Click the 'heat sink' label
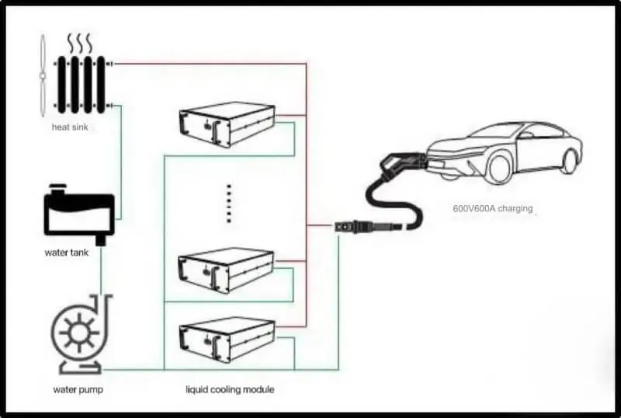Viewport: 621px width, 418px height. (70, 127)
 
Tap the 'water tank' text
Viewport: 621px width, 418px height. (67, 253)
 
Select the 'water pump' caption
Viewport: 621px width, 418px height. (78, 389)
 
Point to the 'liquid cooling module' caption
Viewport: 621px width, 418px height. (230, 389)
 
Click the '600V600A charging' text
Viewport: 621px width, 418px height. (493, 208)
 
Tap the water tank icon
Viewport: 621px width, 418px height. (79, 214)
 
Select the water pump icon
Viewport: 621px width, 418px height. (81, 334)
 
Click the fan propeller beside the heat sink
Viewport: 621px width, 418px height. (42, 75)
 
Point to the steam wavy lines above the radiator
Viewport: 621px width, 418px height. (80, 44)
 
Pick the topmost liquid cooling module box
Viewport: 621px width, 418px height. (227, 124)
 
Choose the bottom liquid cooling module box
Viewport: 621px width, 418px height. (227, 339)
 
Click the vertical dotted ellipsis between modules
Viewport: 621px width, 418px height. (228, 203)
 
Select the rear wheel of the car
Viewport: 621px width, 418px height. (570, 161)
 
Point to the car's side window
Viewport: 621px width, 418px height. (541, 131)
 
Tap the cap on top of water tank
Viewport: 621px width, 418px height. (57, 189)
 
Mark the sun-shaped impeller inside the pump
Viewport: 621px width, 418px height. (79, 332)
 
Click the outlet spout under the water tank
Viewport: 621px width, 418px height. (102, 239)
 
